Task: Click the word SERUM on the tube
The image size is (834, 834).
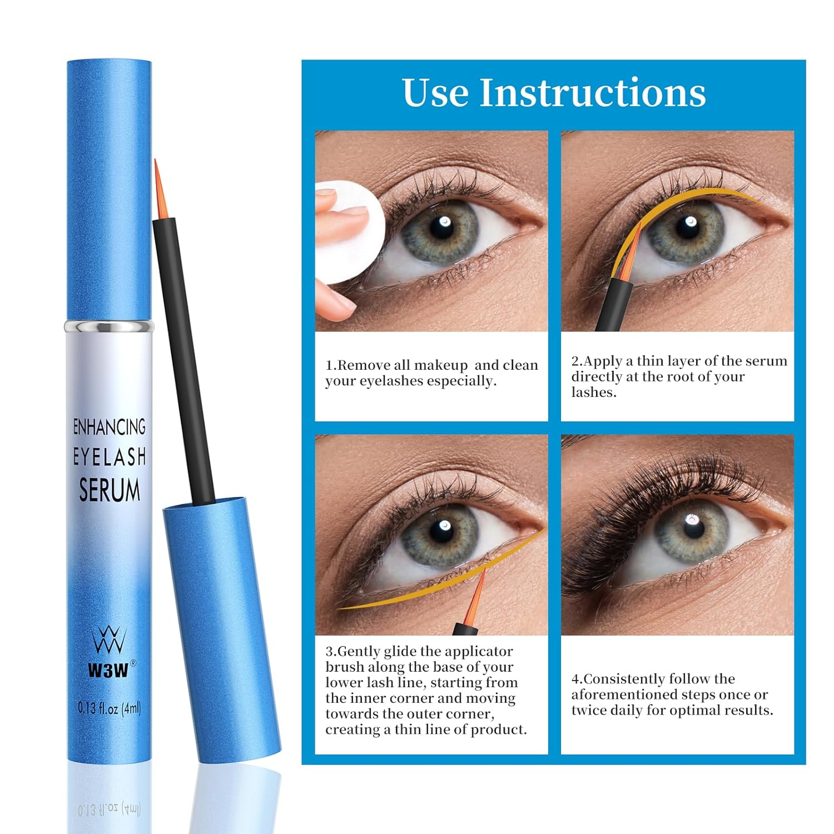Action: coord(110,490)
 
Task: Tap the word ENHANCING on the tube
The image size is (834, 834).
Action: coord(110,427)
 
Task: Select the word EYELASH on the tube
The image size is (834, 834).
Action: coord(110,457)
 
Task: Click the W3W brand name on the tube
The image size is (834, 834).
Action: coord(108,671)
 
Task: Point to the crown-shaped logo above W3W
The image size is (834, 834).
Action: coord(108,640)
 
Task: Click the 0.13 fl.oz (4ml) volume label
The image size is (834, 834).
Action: coord(109,708)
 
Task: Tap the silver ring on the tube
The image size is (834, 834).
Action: coord(108,326)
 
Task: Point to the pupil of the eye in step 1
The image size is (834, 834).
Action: coord(443,227)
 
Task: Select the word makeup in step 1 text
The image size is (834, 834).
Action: coord(441,365)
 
